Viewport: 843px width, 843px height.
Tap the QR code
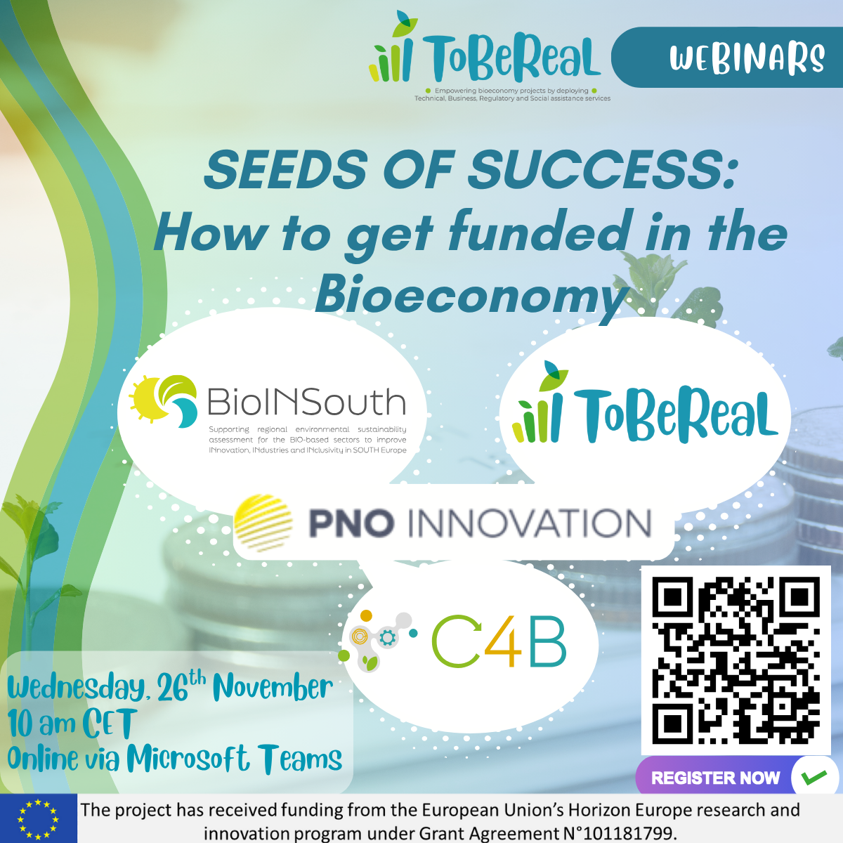click(x=736, y=660)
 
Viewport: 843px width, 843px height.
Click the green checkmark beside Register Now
click(x=813, y=778)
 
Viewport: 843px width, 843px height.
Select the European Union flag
click(x=38, y=819)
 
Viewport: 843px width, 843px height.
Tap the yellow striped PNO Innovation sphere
click(x=263, y=523)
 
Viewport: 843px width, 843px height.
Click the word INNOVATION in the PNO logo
click(x=529, y=524)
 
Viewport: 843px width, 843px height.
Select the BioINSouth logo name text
click(x=306, y=403)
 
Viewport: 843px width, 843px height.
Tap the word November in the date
click(x=273, y=687)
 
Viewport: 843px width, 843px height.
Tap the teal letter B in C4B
click(x=547, y=642)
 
